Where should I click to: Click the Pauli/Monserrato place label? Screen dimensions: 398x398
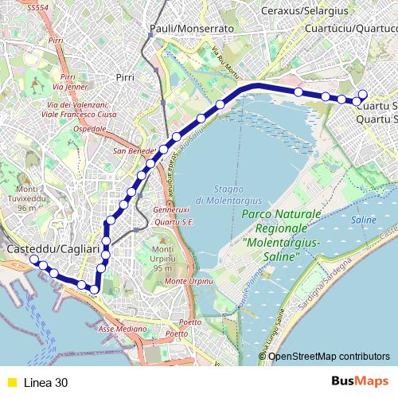(x=191, y=28)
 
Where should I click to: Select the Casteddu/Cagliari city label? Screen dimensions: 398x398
(x=53, y=250)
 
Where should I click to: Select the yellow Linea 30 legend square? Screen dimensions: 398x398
(x=11, y=382)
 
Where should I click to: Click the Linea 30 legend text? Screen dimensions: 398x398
(x=45, y=382)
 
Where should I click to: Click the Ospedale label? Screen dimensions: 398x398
(x=89, y=128)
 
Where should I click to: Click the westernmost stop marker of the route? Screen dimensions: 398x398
(x=33, y=259)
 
